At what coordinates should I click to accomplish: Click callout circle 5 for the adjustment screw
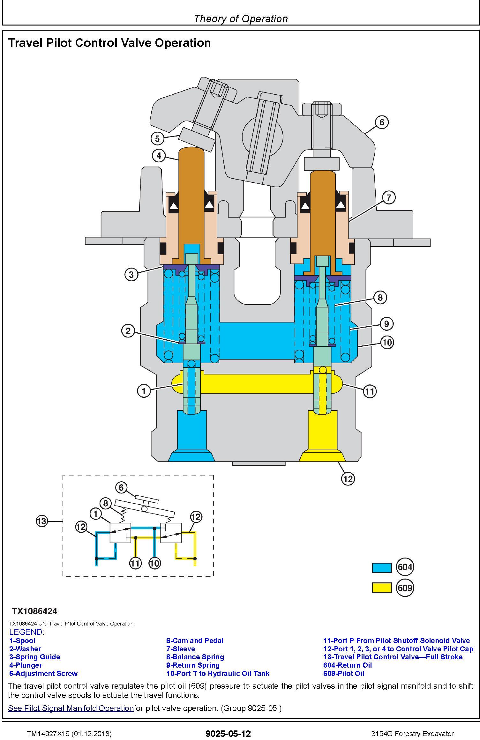pyautogui.click(x=157, y=139)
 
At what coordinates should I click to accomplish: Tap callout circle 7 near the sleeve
pyautogui.click(x=388, y=198)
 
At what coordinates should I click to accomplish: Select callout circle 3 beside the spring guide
pyautogui.click(x=131, y=274)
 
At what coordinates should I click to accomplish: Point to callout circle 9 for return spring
pyautogui.click(x=386, y=324)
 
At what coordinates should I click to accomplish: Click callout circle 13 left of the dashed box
pyautogui.click(x=42, y=521)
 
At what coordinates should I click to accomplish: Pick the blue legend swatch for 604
pyautogui.click(x=382, y=567)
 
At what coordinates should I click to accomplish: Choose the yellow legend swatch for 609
pyautogui.click(x=382, y=588)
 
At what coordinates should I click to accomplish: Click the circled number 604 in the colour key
pyautogui.click(x=405, y=567)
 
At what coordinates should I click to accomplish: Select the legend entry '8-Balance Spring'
pyautogui.click(x=195, y=657)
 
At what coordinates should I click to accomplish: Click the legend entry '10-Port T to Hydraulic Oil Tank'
pyautogui.click(x=218, y=673)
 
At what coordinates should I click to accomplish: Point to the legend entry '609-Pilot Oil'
pyautogui.click(x=344, y=673)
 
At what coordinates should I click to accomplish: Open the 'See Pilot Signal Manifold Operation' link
pyautogui.click(x=71, y=708)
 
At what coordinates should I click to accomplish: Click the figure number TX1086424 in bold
pyautogui.click(x=34, y=611)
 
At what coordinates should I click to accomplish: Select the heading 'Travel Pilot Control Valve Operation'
pyautogui.click(x=109, y=43)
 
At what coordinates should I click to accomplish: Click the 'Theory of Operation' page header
pyautogui.click(x=241, y=18)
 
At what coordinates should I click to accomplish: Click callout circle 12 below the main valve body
pyautogui.click(x=348, y=478)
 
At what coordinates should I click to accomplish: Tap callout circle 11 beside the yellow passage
pyautogui.click(x=370, y=391)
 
